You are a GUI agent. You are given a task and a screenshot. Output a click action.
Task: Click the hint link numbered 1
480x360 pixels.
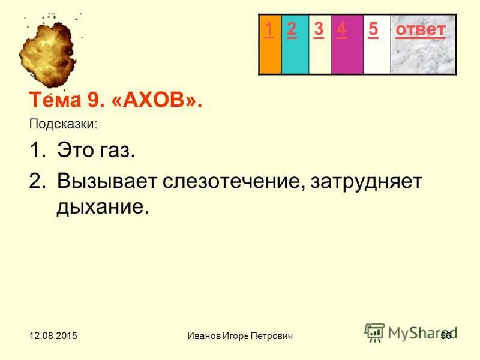click(x=269, y=29)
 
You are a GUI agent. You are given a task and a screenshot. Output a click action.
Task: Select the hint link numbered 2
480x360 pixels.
click(x=292, y=29)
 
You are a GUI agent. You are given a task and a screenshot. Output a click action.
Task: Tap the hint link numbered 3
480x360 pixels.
click(x=319, y=29)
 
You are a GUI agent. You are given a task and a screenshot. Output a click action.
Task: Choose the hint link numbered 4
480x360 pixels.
click(x=341, y=29)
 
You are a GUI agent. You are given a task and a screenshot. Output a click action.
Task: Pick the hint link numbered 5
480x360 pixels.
click(x=373, y=29)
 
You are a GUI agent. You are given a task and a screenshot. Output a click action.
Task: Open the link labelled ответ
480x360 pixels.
click(x=420, y=29)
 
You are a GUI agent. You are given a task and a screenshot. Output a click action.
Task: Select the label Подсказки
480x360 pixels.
click(x=63, y=125)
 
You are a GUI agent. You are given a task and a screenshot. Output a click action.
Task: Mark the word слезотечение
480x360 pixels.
click(x=227, y=181)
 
